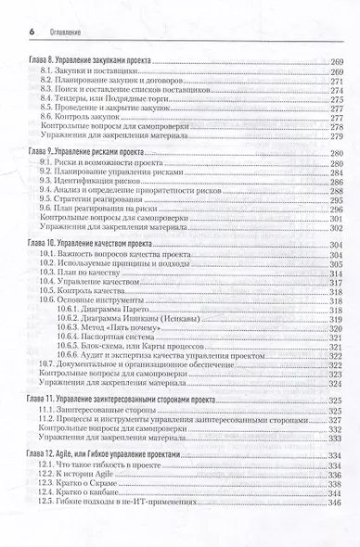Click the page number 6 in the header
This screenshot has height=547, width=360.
tap(22, 8)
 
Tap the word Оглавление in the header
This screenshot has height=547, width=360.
tap(57, 9)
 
